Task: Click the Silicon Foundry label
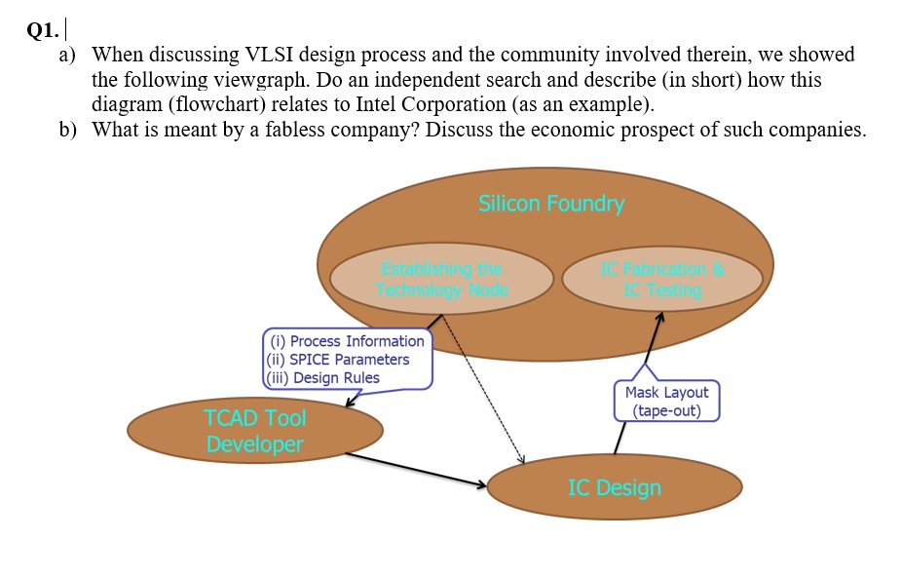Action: (550, 203)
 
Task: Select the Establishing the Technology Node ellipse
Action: (441, 279)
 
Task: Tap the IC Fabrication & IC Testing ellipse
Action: (661, 280)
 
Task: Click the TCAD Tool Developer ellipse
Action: (254, 431)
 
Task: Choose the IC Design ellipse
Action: (614, 487)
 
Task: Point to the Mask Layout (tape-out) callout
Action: (666, 401)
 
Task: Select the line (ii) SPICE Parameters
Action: (339, 360)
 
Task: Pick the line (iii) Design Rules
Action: (323, 378)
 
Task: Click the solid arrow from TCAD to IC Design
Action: (414, 469)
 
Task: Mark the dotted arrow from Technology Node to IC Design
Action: (482, 390)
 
